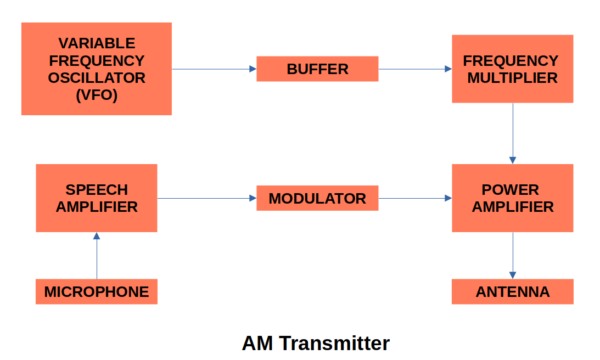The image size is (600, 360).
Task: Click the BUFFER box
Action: click(317, 69)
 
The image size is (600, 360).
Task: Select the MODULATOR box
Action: click(317, 198)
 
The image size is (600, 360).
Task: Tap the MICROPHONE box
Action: click(97, 291)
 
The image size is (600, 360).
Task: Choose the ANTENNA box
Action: click(512, 291)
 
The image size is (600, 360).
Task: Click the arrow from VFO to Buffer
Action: click(214, 69)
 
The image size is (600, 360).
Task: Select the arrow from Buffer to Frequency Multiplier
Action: click(415, 69)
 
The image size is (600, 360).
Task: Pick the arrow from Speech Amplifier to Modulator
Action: click(207, 198)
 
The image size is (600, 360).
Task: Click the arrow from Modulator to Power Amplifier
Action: click(415, 198)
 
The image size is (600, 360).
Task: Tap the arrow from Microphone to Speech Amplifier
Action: click(97, 256)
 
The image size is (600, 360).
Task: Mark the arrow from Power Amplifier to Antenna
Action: click(513, 256)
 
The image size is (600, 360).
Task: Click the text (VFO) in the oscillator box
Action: click(97, 95)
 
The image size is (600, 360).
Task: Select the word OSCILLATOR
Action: click(97, 78)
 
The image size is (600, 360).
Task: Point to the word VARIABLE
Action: click(97, 43)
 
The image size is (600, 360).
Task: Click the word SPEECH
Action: click(97, 190)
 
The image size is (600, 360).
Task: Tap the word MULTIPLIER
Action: click(512, 78)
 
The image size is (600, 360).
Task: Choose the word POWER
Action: click(510, 190)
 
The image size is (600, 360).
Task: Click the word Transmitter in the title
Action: click(334, 343)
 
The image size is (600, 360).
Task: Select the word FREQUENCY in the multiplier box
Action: click(511, 60)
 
